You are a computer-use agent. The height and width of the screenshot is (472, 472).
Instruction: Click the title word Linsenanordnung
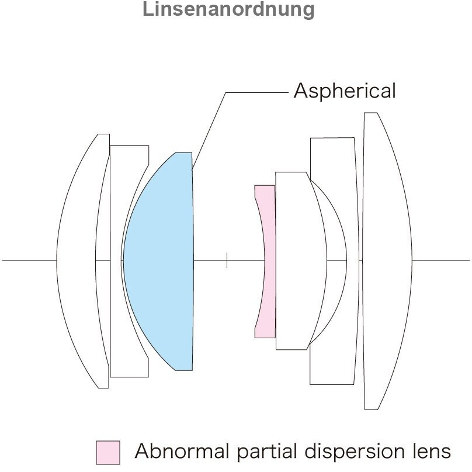(228, 9)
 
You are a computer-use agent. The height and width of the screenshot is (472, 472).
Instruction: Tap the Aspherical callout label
(345, 91)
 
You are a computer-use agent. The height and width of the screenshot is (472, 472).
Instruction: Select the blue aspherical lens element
(158, 261)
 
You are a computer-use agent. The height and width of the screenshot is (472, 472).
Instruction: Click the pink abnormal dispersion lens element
(265, 261)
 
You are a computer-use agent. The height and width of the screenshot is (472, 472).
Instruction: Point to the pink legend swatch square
(108, 453)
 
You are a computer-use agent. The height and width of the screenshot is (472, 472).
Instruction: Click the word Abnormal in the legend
(182, 451)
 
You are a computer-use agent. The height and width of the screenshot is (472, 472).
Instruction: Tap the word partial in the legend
(267, 451)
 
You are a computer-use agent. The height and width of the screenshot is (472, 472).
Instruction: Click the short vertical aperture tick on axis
(227, 261)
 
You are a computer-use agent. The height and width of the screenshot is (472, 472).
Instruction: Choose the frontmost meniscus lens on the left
(83, 261)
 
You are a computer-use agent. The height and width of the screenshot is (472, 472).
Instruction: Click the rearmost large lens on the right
(387, 261)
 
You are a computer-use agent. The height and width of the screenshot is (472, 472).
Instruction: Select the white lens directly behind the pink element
(301, 261)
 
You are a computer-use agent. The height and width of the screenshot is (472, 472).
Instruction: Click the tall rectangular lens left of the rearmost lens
(334, 261)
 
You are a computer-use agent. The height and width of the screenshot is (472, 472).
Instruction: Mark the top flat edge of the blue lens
(183, 152)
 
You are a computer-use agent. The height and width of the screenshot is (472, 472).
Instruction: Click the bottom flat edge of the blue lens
(183, 370)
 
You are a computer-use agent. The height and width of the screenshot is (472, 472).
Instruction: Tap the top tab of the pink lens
(265, 192)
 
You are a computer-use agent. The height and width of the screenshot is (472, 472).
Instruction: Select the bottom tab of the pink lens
(265, 332)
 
